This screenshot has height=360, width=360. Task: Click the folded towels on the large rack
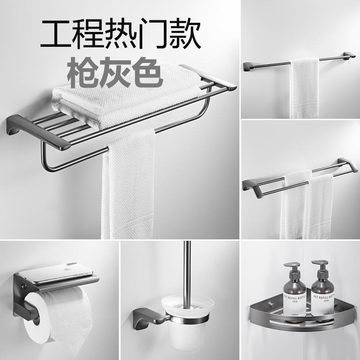point(126,92)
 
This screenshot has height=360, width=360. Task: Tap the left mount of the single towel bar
point(249,67)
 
